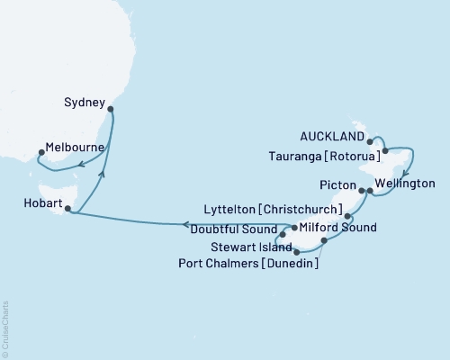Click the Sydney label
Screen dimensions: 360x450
(x=86, y=102)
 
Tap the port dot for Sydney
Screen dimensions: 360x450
(x=111, y=110)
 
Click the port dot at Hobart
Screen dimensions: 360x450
(x=67, y=209)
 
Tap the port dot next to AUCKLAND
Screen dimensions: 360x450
(x=371, y=140)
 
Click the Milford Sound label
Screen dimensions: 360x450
(x=334, y=229)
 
